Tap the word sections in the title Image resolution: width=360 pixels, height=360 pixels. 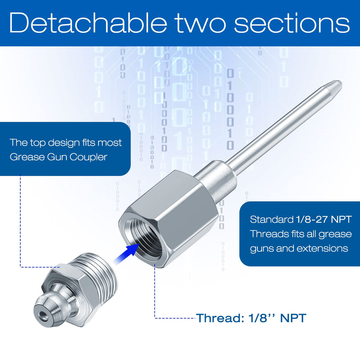[292, 23]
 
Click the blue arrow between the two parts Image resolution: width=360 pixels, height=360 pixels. [126, 253]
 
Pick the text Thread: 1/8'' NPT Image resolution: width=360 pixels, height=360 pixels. [251, 318]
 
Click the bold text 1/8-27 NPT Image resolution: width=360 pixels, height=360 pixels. [324, 219]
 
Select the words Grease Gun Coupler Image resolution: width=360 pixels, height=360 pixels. [58, 157]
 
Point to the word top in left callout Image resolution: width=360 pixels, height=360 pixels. [38, 143]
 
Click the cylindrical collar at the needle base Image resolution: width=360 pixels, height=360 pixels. [215, 176]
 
